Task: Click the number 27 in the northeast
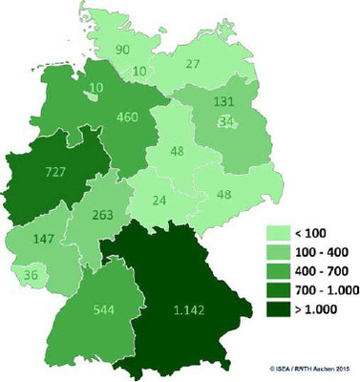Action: coord(192,65)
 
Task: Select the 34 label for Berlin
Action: coord(226,122)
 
